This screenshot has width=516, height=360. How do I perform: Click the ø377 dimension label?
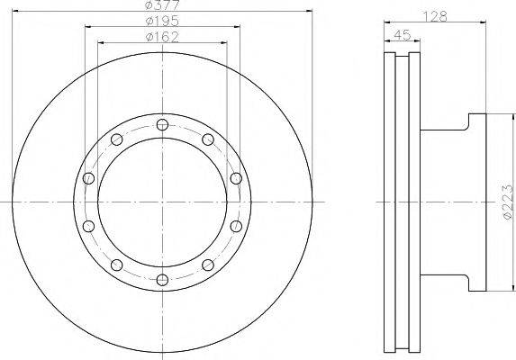[x=162, y=4]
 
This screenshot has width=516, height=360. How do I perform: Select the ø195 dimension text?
[x=162, y=22]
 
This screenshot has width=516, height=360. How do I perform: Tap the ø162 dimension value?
[x=162, y=37]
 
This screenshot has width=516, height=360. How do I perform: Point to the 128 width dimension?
[x=435, y=16]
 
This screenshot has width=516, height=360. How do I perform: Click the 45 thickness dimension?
[x=403, y=34]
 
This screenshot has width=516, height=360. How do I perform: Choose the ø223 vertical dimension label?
[x=507, y=202]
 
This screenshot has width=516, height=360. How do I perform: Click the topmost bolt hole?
[x=162, y=124]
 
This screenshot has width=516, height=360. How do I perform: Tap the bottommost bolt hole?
[x=162, y=280]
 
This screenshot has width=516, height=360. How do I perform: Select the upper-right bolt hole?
[x=208, y=139]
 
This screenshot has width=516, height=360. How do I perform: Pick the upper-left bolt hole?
[x=117, y=139]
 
